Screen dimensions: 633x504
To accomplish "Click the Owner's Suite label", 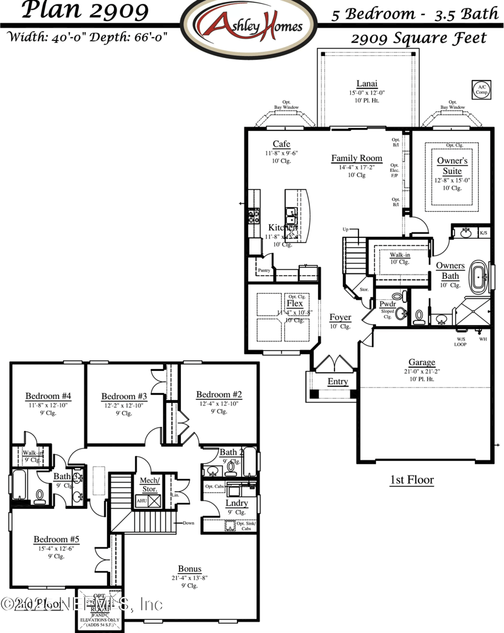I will pyautogui.click(x=452, y=166).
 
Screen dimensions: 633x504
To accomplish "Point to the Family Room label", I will pyautogui.click(x=357, y=158).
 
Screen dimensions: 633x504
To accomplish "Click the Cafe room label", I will pyautogui.click(x=281, y=144).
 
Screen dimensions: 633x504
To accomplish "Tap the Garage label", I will pyautogui.click(x=421, y=362).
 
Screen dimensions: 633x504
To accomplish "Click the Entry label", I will pyautogui.click(x=337, y=382).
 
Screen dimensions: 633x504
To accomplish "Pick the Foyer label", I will pyautogui.click(x=340, y=317).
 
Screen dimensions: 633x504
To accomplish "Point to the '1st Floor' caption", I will pyautogui.click(x=411, y=480).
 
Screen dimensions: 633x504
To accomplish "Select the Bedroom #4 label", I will pyautogui.click(x=48, y=396).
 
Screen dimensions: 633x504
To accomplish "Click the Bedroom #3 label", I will pyautogui.click(x=124, y=396).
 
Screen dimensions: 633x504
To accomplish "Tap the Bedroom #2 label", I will pyautogui.click(x=219, y=394).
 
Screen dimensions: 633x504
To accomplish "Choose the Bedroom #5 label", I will pyautogui.click(x=56, y=539).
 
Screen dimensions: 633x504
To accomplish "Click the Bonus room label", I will pyautogui.click(x=190, y=568).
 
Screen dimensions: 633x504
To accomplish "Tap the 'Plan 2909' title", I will pyautogui.click(x=77, y=11).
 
